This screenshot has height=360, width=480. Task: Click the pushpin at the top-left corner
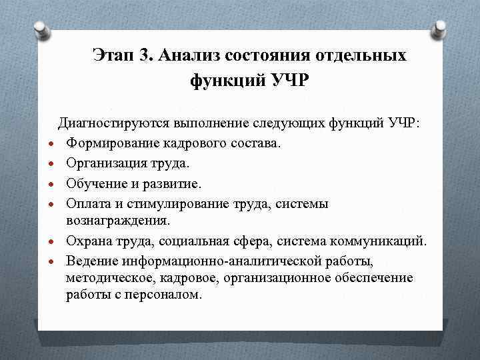point(39,29)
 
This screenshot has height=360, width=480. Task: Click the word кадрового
point(188,143)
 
